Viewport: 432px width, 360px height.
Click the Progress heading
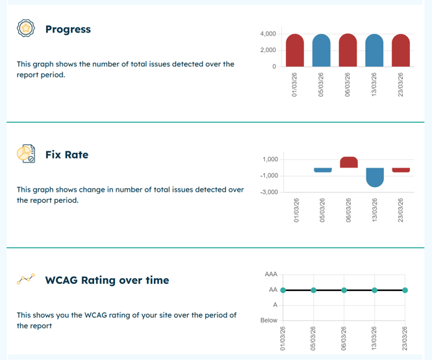click(x=68, y=29)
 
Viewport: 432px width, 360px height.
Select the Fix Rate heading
click(x=66, y=155)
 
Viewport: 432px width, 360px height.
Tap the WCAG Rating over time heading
click(x=107, y=280)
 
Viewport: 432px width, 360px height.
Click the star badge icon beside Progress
click(x=25, y=29)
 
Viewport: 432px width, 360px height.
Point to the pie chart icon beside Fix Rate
click(x=25, y=154)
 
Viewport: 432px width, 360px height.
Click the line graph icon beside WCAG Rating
click(x=25, y=279)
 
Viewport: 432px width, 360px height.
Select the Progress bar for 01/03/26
click(x=295, y=50)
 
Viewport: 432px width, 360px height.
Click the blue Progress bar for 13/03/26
click(x=374, y=50)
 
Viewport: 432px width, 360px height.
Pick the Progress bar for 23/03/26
click(x=401, y=50)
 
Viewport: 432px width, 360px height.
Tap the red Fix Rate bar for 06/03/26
click(x=348, y=162)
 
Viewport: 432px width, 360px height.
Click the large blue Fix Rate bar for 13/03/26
click(x=375, y=177)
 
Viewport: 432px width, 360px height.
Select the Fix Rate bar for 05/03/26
click(x=322, y=170)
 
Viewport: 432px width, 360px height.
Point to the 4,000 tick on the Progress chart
click(x=268, y=34)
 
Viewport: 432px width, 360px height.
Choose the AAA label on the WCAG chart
click(x=270, y=275)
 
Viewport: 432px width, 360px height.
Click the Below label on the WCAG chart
click(x=269, y=320)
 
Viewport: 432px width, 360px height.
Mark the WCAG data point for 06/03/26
click(x=344, y=290)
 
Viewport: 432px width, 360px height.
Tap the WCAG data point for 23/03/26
click(x=405, y=290)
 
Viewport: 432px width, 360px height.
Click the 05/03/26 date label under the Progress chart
click(x=322, y=85)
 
